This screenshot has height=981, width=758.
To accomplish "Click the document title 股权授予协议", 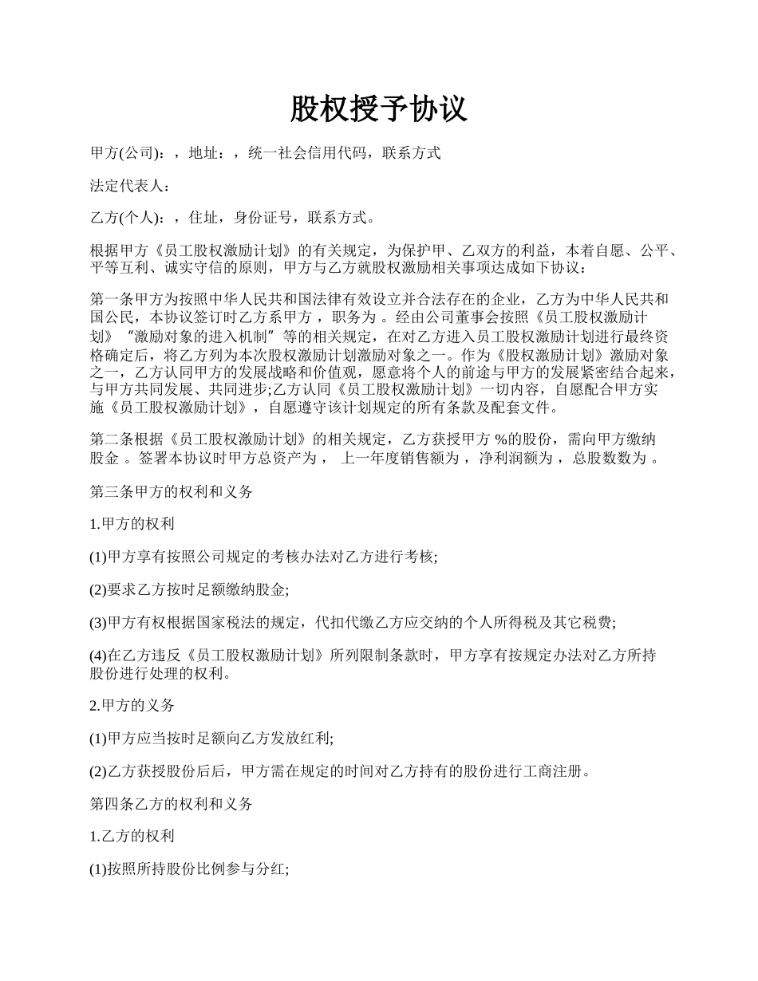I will (378, 110).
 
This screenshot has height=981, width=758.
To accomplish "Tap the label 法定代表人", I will (128, 186).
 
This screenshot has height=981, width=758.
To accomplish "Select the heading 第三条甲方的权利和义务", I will (171, 492).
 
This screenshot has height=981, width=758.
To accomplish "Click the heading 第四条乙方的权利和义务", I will (171, 805).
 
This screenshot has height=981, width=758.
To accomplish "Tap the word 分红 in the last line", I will (268, 870).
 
